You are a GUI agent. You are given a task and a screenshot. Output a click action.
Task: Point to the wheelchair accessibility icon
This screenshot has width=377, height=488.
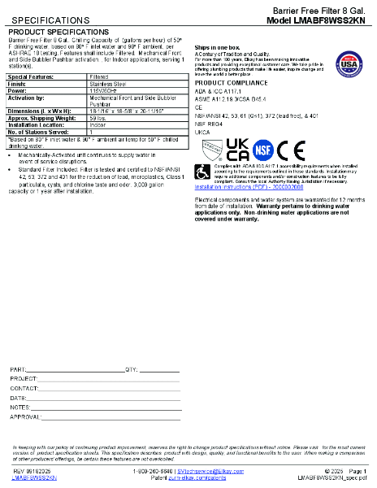click(x=202, y=172)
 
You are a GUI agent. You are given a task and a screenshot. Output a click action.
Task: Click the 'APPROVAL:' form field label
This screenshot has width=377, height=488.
click(x=25, y=416)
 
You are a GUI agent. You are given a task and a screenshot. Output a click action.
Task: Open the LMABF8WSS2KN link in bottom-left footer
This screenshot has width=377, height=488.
click(x=34, y=478)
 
